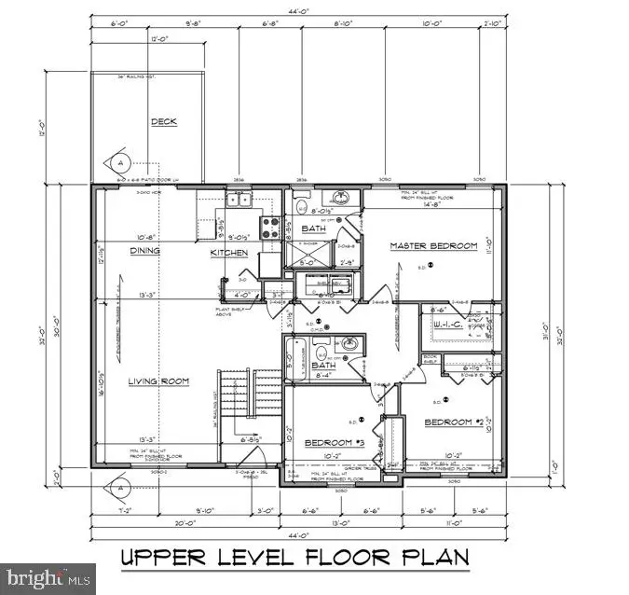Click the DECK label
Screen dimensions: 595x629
[x=164, y=121]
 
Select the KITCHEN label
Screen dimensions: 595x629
[x=228, y=253]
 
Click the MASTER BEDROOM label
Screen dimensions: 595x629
[x=432, y=246]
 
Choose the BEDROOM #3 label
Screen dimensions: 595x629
[x=328, y=442]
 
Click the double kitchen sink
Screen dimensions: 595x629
[x=239, y=200]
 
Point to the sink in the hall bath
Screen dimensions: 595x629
[x=349, y=344]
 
